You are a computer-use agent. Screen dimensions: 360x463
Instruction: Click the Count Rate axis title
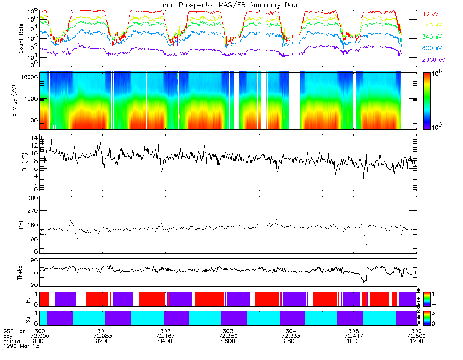click(21, 39)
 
